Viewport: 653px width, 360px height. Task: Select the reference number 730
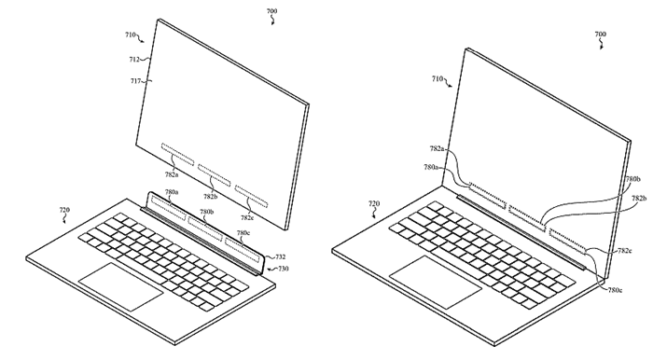pyautogui.click(x=284, y=269)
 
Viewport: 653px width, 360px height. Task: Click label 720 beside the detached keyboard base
pyautogui.click(x=63, y=211)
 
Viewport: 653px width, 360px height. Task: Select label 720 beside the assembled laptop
pyautogui.click(x=373, y=202)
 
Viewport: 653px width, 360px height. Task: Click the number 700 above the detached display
pyautogui.click(x=271, y=14)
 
